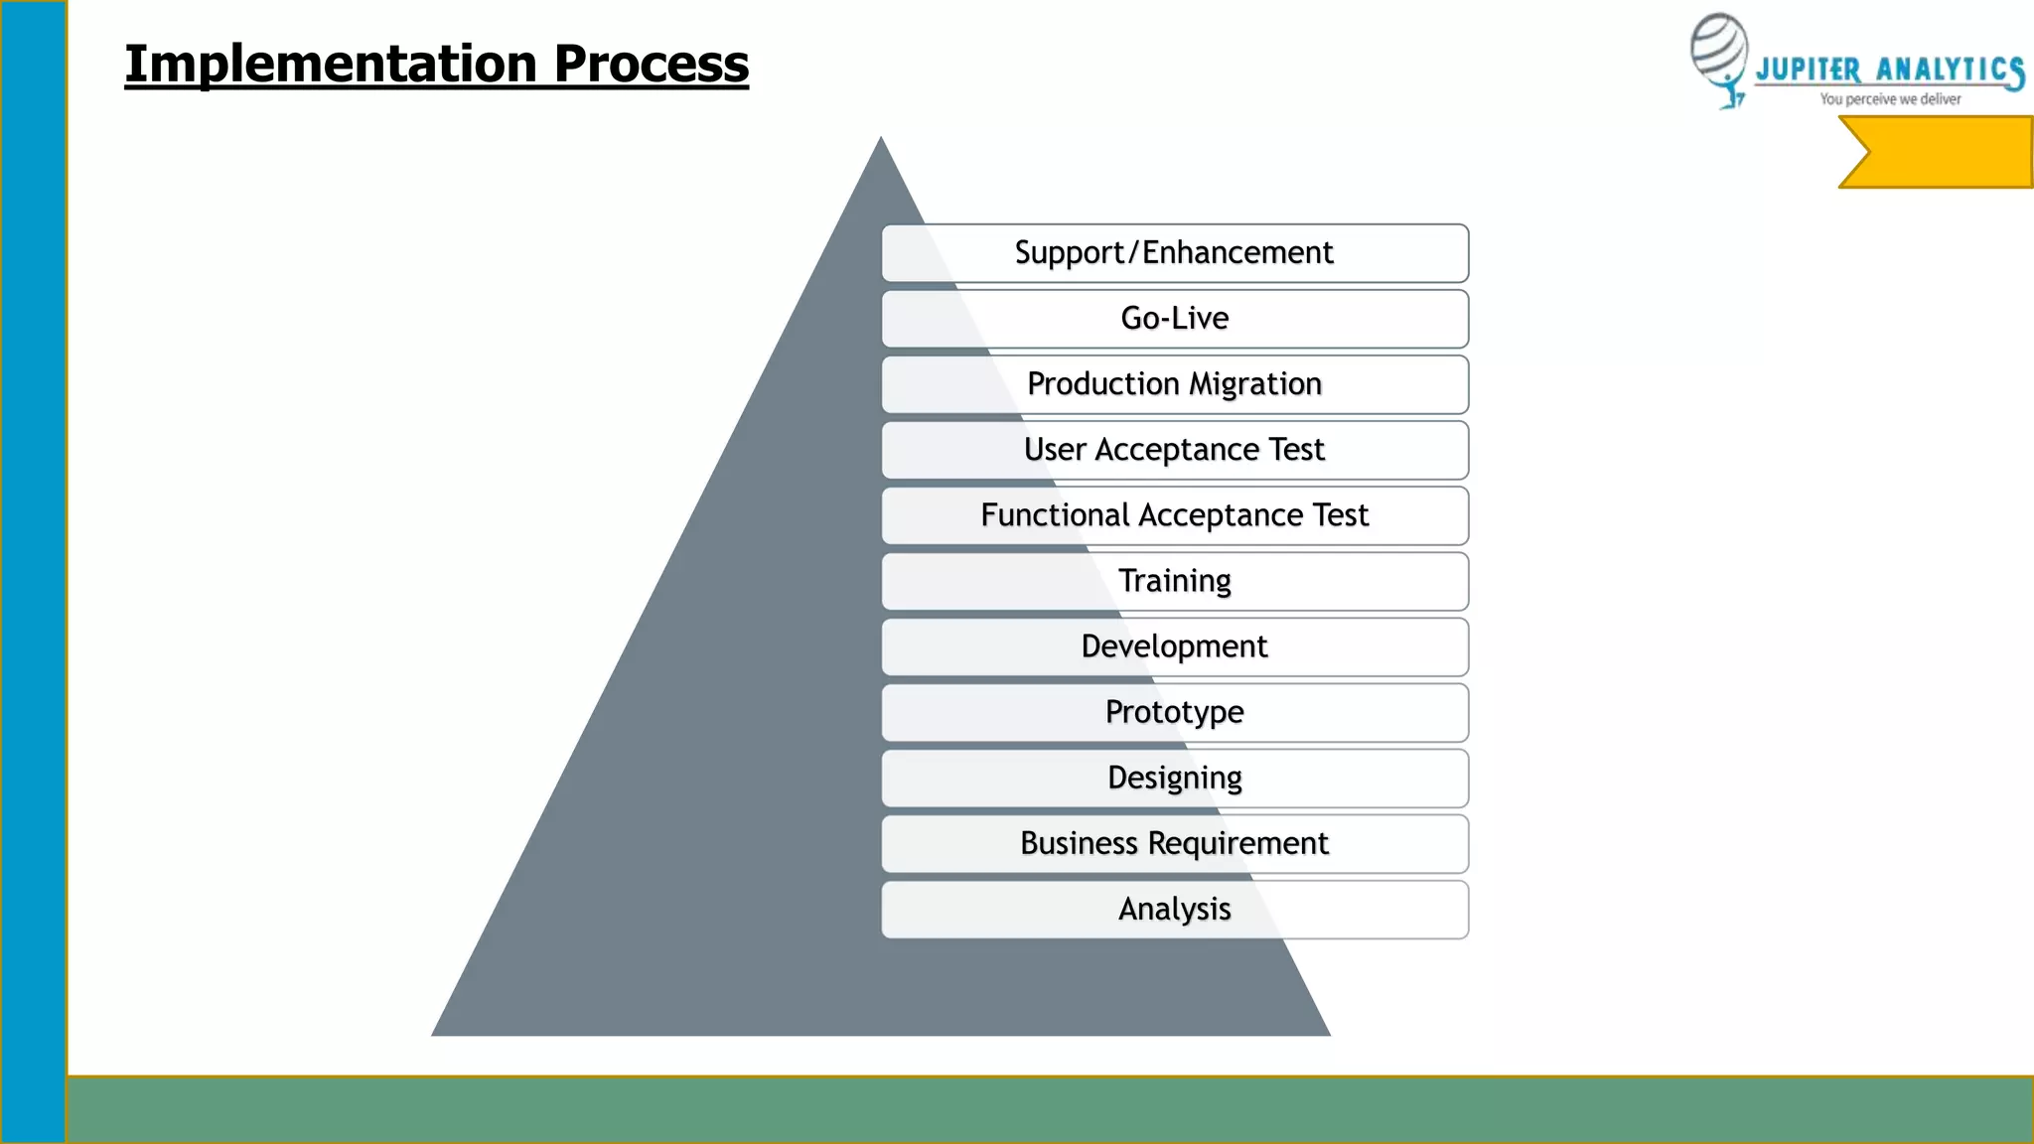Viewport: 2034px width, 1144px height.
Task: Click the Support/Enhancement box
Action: tap(1174, 253)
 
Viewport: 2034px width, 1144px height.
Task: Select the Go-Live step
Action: tap(1174, 319)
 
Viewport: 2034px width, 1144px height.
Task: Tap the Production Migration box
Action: tap(1174, 384)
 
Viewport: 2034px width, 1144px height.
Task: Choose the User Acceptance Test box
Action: tap(1174, 450)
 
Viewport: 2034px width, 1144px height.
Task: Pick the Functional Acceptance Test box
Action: tap(1174, 515)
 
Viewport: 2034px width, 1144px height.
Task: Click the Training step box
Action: tap(1174, 581)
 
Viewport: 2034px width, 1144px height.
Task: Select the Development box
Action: tap(1174, 646)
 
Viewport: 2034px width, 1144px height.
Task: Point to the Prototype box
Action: tap(1174, 712)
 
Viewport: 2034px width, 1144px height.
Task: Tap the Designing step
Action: tap(1174, 778)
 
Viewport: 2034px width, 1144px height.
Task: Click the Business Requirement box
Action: tap(1174, 843)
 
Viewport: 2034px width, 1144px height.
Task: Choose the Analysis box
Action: tap(1174, 909)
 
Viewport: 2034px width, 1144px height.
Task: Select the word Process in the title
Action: tap(651, 65)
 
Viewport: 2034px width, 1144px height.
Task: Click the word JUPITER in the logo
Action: tap(1808, 71)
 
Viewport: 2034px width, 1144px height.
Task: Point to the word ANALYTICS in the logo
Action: tap(1949, 71)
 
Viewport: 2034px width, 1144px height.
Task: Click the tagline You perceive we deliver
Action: tap(1890, 99)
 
